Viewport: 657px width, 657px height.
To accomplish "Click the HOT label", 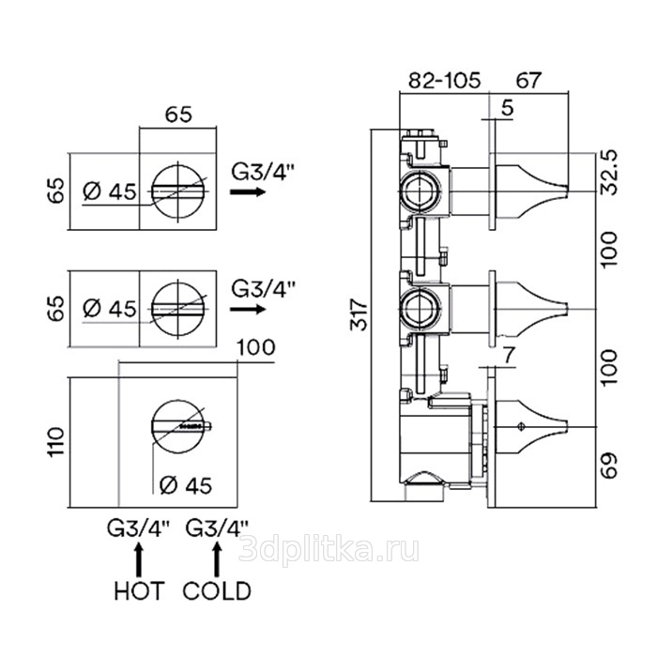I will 139,591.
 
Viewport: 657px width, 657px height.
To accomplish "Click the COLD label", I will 217,591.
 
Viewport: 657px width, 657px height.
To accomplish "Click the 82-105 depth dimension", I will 444,81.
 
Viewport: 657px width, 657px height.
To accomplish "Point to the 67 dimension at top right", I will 531,81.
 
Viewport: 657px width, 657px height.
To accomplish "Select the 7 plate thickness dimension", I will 508,355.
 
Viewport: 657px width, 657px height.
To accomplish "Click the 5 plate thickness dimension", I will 507,109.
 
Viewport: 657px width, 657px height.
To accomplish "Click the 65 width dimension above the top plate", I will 179,115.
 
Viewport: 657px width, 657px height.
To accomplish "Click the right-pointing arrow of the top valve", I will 247,191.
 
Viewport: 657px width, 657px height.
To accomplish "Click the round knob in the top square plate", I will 178,191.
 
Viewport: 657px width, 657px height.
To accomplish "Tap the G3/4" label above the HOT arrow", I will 139,528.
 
